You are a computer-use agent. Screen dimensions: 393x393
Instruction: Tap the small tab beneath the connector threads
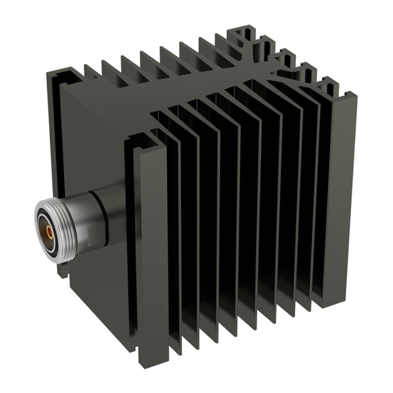pos(61,269)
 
